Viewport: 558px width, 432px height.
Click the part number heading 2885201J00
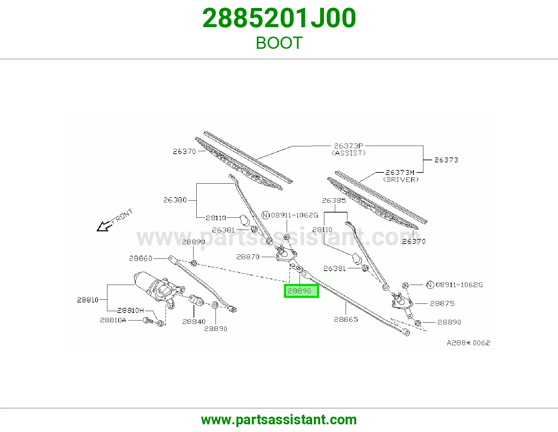coord(279,18)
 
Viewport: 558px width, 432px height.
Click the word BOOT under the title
coord(279,43)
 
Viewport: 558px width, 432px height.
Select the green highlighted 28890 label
coord(301,291)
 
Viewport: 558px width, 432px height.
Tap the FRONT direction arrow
coord(104,226)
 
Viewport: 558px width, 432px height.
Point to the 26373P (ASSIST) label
coord(348,149)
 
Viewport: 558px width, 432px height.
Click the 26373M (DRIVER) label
coord(401,176)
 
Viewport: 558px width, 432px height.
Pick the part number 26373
coord(446,160)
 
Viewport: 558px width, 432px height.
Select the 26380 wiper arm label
coord(175,200)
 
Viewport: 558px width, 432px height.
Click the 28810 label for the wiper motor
coord(88,300)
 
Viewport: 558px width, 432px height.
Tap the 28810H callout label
coord(130,310)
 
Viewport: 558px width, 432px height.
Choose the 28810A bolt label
coord(113,320)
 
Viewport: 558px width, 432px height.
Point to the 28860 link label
coord(141,258)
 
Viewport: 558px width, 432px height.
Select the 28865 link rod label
coord(346,319)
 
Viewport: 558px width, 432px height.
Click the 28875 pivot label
coord(442,303)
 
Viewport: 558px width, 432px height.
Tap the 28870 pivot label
coord(248,257)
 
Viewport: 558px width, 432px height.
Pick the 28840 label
coord(194,322)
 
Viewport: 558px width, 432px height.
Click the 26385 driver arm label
coord(334,200)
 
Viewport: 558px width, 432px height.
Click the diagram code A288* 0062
coord(469,343)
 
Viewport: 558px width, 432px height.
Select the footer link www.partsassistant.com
coord(279,420)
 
